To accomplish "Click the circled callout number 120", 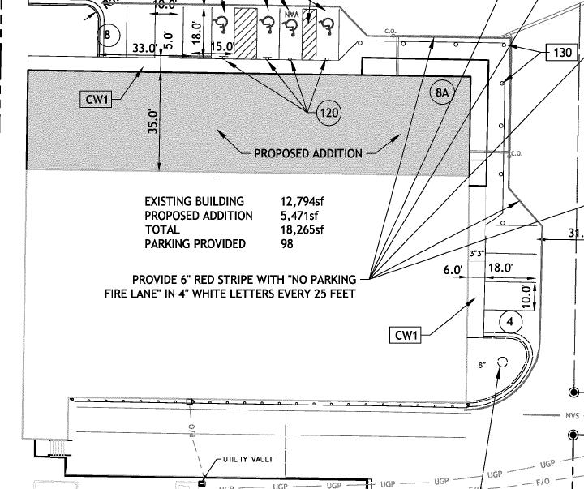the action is pyautogui.click(x=328, y=114).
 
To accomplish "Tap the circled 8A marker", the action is pyautogui.click(x=442, y=93).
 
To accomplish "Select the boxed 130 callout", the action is pyautogui.click(x=563, y=54).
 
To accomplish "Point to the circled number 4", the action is pyautogui.click(x=510, y=321).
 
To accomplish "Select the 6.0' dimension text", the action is pyautogui.click(x=452, y=268).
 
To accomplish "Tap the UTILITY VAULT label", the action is pyautogui.click(x=248, y=460).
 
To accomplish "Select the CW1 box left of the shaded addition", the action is pyautogui.click(x=97, y=100).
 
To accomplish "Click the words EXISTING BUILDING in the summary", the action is pyautogui.click(x=194, y=201).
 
